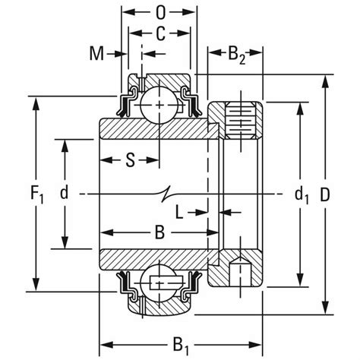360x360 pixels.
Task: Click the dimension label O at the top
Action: point(159,13)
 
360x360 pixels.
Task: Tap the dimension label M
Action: point(96,53)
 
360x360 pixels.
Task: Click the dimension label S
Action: point(130,159)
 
